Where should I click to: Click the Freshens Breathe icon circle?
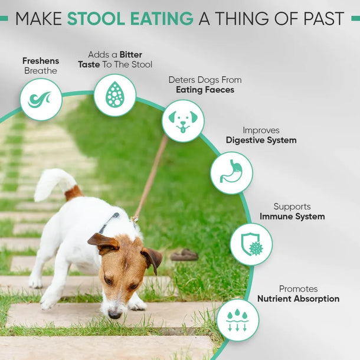[41, 99]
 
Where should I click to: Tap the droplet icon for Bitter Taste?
[114, 94]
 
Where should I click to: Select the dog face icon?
[183, 120]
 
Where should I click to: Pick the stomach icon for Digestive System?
[231, 172]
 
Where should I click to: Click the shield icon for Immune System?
[251, 244]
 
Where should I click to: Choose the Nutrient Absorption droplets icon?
[237, 320]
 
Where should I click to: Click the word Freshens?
[41, 60]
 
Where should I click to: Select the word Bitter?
[131, 54]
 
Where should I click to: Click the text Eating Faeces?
[205, 90]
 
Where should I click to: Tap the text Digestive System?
[261, 140]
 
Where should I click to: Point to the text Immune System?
[292, 217]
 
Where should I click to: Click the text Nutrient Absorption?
[298, 299]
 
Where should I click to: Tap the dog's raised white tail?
[52, 182]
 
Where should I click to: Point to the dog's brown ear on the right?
[152, 258]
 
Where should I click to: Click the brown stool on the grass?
[185, 254]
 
